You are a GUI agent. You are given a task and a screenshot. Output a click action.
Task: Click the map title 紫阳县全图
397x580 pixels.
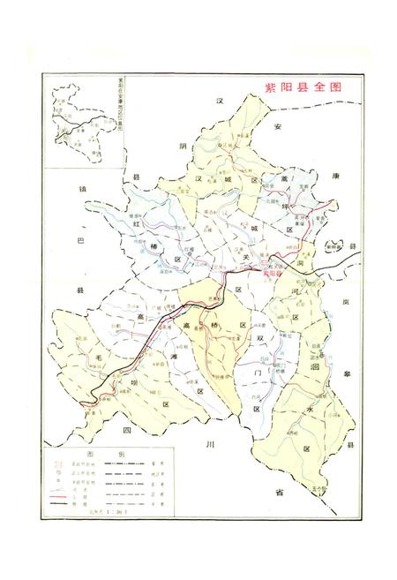point(303,88)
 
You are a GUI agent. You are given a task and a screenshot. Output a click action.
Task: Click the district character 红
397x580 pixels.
point(137,224)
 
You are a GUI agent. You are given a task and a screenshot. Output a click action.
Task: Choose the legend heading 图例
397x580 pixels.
point(98,452)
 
